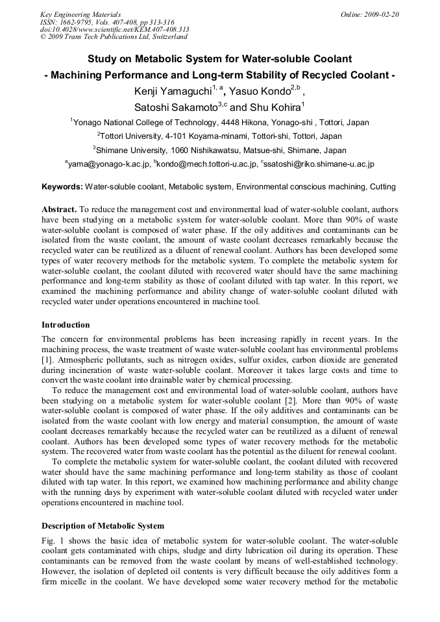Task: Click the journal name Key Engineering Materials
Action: [x=80, y=14]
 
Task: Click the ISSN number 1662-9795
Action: [x=79, y=21]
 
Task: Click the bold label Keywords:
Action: [x=62, y=187]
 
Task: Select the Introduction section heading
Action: [x=66, y=324]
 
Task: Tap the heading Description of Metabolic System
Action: [x=103, y=525]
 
